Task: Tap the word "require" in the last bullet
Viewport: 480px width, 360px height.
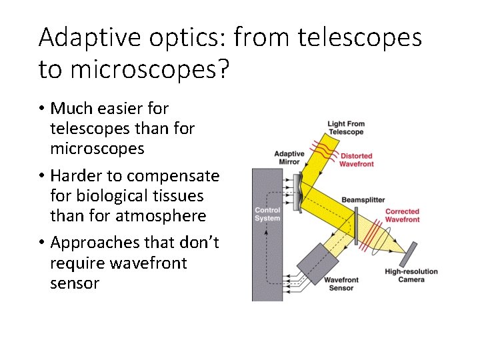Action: pyautogui.click(x=74, y=263)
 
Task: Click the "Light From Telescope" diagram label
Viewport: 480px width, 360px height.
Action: pyautogui.click(x=346, y=127)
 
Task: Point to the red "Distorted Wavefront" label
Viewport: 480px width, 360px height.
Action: pyautogui.click(x=356, y=160)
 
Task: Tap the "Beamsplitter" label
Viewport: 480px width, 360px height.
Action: pyautogui.click(x=363, y=200)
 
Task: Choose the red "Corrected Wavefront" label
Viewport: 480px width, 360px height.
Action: pyautogui.click(x=403, y=215)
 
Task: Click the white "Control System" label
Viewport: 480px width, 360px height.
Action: pyautogui.click(x=267, y=215)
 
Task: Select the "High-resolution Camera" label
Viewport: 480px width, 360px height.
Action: pyautogui.click(x=411, y=275)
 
